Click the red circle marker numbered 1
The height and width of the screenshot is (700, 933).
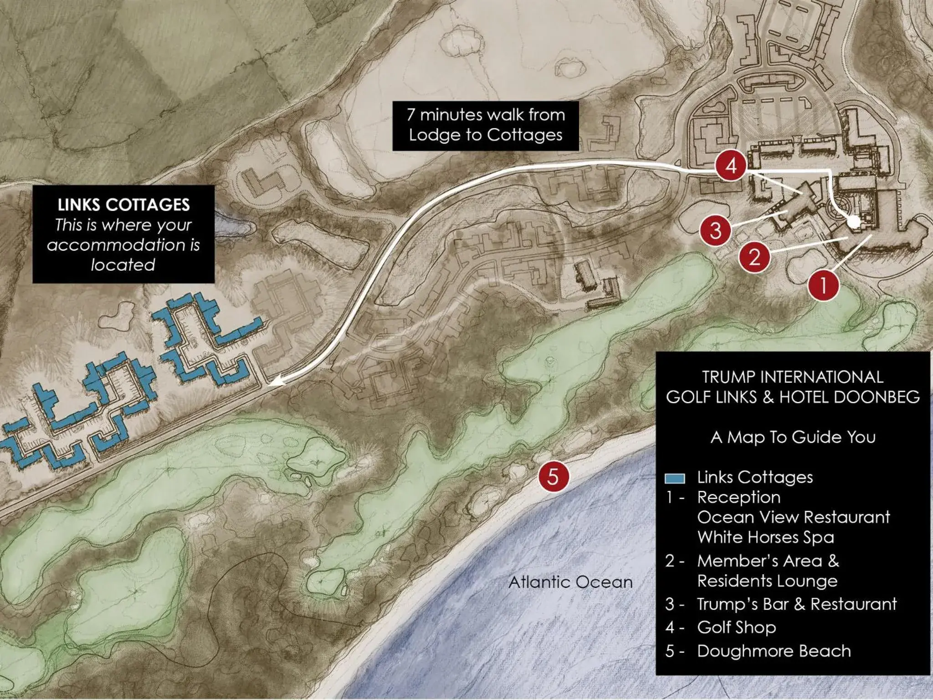click(823, 286)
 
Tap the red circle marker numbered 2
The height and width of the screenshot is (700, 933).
click(754, 257)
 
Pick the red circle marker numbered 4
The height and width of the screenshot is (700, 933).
click(731, 165)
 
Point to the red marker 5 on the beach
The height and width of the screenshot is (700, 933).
click(553, 476)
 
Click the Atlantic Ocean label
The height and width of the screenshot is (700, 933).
click(570, 582)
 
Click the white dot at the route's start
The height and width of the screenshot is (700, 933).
click(854, 221)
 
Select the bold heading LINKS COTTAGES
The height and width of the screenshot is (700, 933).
click(123, 205)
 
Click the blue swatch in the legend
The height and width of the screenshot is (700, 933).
click(675, 478)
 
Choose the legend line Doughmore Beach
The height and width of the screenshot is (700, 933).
click(774, 651)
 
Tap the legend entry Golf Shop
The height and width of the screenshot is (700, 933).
click(736, 628)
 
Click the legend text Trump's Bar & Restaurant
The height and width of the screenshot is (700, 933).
click(797, 604)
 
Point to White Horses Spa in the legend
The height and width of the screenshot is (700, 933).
click(765, 537)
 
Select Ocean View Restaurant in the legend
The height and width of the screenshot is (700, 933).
click(793, 517)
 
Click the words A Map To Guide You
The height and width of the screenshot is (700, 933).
click(793, 437)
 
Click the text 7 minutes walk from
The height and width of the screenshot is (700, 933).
click(486, 115)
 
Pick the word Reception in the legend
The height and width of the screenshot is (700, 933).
click(738, 497)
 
